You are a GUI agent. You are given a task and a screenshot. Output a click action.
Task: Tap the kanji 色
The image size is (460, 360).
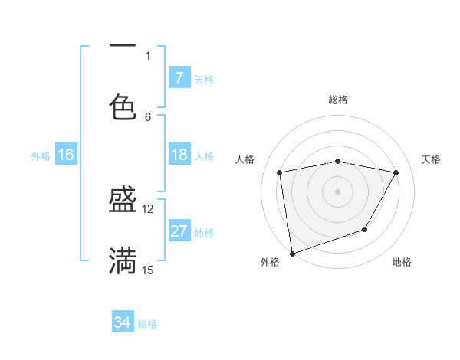click(123, 106)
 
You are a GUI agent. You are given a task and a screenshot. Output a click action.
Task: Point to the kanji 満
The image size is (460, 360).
click(123, 261)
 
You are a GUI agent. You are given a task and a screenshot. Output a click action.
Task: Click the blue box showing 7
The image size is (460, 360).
click(179, 78)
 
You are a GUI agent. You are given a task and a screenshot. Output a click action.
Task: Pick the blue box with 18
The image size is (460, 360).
click(179, 155)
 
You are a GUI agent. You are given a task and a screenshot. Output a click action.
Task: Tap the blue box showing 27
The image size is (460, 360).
click(179, 231)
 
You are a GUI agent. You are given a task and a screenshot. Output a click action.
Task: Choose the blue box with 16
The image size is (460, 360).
click(66, 155)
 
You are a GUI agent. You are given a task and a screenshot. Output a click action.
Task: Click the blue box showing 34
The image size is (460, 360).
click(123, 322)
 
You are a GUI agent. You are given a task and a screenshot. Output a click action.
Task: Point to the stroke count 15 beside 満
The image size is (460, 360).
click(148, 270)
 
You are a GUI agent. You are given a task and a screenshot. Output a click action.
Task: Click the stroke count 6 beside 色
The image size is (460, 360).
click(148, 116)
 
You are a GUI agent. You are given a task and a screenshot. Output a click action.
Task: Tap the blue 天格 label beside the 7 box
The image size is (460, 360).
click(204, 79)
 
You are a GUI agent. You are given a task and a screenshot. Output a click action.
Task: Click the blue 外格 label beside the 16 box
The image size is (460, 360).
click(41, 155)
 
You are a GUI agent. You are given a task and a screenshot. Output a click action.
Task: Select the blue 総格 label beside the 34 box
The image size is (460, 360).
click(147, 323)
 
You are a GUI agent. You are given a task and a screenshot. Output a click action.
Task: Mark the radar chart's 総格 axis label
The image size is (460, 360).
click(338, 100)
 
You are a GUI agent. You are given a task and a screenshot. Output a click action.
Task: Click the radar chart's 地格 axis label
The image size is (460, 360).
click(402, 262)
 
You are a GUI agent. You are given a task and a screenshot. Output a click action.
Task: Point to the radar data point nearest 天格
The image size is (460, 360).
click(396, 173)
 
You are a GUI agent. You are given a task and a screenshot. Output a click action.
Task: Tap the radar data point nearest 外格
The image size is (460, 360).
click(292, 252)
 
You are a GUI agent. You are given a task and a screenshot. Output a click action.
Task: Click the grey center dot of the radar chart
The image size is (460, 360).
click(337, 191)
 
